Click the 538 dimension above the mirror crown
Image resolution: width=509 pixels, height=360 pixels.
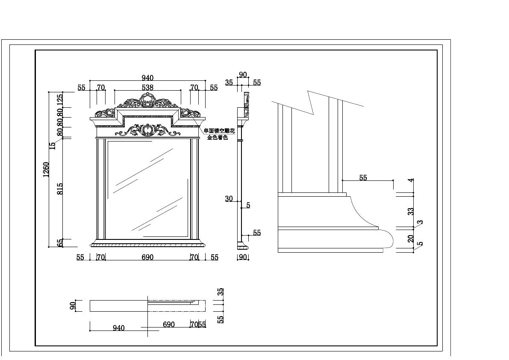pyautogui.click(x=147, y=87)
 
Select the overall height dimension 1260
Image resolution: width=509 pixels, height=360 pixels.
pyautogui.click(x=47, y=169)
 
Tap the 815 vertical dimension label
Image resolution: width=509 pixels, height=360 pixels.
pyautogui.click(x=60, y=189)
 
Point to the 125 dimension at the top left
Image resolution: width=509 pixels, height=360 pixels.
pyautogui.click(x=60, y=100)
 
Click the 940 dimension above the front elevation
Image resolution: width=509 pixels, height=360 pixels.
pyautogui.click(x=147, y=78)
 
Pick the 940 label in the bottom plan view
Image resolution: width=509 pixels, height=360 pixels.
pyautogui.click(x=119, y=328)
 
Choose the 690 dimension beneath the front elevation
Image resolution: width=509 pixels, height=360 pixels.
pyautogui.click(x=147, y=257)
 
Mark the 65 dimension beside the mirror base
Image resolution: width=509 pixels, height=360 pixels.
pyautogui.click(x=60, y=243)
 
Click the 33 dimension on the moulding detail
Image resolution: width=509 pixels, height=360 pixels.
pyautogui.click(x=411, y=211)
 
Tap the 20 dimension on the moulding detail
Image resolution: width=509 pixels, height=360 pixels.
pyautogui.click(x=411, y=239)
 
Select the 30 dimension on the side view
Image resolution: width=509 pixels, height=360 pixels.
pyautogui.click(x=229, y=199)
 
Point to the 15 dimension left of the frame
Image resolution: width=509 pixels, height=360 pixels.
pyautogui.click(x=53, y=145)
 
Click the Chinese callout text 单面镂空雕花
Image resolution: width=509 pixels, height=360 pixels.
pyautogui.click(x=219, y=131)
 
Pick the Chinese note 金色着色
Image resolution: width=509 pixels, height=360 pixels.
pyautogui.click(x=218, y=138)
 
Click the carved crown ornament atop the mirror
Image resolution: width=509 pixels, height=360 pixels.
pyautogui.click(x=147, y=102)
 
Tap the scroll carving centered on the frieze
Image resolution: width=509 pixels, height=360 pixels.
pyautogui.click(x=147, y=130)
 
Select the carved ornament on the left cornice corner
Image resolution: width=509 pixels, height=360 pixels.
pyautogui.click(x=105, y=113)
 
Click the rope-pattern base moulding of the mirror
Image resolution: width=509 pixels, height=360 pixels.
pyautogui.click(x=147, y=245)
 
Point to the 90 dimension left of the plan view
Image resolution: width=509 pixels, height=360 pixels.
pyautogui.click(x=73, y=306)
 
